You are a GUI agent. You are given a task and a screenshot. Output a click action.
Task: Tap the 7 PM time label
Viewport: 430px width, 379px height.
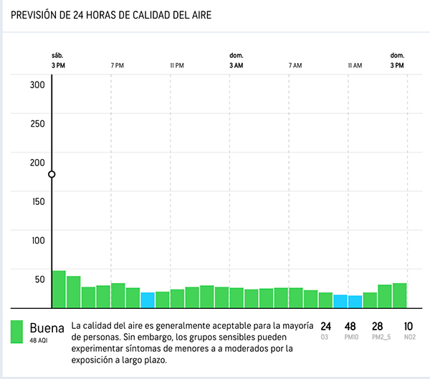(118, 65)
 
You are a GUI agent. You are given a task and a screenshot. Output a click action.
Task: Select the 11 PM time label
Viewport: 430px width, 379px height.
(177, 65)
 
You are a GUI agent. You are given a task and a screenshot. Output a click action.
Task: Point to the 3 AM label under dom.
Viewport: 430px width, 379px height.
(236, 65)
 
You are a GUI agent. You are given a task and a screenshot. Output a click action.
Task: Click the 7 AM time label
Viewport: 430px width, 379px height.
(295, 65)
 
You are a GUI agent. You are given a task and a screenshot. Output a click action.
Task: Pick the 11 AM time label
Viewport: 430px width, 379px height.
(355, 65)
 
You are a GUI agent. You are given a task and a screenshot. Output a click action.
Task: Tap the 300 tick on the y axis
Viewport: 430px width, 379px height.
(37, 85)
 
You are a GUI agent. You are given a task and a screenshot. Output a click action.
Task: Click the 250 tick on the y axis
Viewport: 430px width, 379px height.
(37, 123)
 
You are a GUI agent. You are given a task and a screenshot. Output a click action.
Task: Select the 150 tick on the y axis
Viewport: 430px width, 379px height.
(37, 201)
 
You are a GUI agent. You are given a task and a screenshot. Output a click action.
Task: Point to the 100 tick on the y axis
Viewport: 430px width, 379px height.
(37, 240)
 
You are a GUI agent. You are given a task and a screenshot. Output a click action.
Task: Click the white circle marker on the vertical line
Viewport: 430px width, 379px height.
(52, 174)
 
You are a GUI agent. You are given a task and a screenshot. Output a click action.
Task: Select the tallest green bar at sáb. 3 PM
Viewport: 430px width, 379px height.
(59, 289)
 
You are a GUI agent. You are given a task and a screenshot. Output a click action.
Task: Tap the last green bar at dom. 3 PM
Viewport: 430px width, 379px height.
(399, 294)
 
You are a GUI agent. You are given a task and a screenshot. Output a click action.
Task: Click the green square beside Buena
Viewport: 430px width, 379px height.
(18, 331)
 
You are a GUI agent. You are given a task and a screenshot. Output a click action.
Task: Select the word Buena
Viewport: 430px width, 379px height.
(47, 328)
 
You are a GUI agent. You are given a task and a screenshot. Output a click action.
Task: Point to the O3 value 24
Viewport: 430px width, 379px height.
(326, 327)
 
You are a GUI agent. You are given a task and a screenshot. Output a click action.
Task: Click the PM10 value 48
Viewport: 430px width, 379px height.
(351, 327)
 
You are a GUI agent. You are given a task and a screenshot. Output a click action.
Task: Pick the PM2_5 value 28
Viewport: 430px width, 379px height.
(378, 327)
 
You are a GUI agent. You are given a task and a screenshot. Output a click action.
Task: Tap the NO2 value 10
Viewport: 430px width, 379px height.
(408, 327)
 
